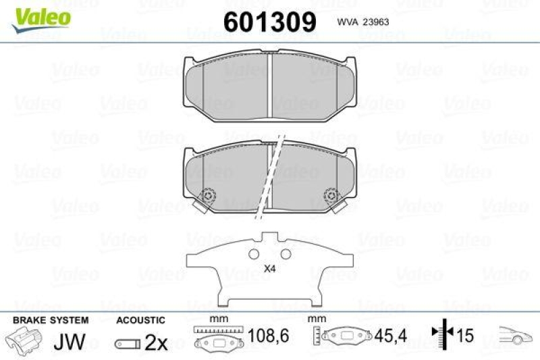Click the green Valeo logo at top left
click(38, 15)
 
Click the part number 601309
click(269, 22)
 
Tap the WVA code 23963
click(360, 21)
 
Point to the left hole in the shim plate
click(254, 255)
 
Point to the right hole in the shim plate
click(286, 255)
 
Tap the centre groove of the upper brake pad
click(270, 84)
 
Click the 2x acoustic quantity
click(156, 342)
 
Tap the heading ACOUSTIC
click(140, 319)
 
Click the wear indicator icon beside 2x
click(127, 343)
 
